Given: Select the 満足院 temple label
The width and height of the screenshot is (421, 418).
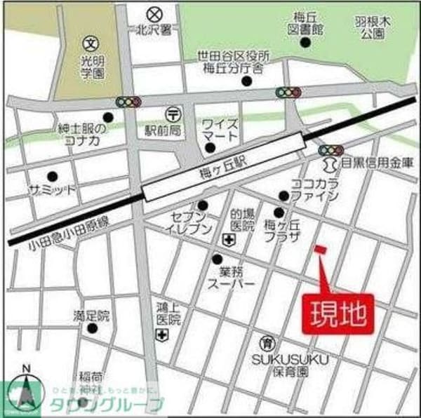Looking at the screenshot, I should click(91, 314).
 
